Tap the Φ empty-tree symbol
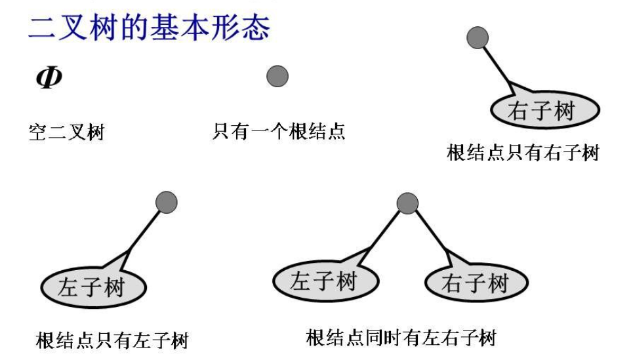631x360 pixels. pyautogui.click(x=49, y=77)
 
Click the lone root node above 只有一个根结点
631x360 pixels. pyautogui.click(x=277, y=77)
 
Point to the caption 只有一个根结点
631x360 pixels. pyautogui.click(x=279, y=131)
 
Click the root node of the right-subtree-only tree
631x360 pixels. pyautogui.click(x=478, y=37)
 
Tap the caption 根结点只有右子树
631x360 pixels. pyautogui.click(x=523, y=153)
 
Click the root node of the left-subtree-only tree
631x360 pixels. pyautogui.click(x=167, y=202)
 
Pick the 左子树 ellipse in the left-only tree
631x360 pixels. pyautogui.click(x=92, y=287)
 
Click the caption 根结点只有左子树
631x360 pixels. pyautogui.click(x=112, y=340)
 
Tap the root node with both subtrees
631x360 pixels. pyautogui.click(x=407, y=203)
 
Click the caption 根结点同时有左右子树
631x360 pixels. pyautogui.click(x=401, y=338)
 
